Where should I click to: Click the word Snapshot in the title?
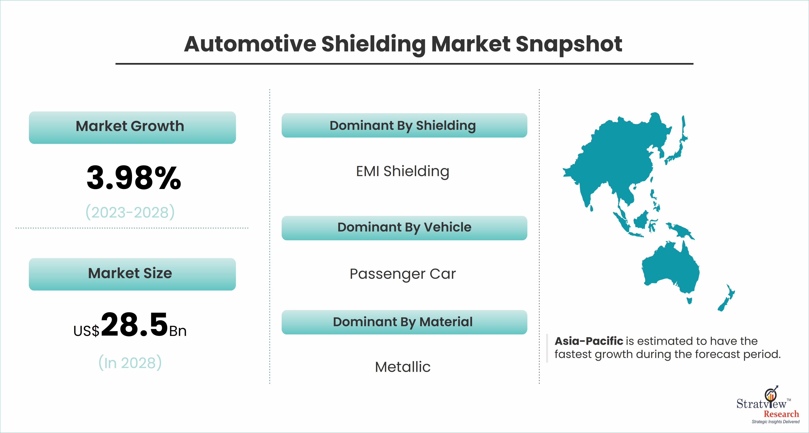(x=568, y=44)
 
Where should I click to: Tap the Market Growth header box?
(x=132, y=127)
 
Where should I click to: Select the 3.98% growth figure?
(x=134, y=178)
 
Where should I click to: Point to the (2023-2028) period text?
(x=130, y=212)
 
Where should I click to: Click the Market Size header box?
(x=132, y=274)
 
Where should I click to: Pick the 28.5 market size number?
(x=135, y=324)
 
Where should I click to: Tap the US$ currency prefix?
(x=86, y=331)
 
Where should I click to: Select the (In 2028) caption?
(x=130, y=363)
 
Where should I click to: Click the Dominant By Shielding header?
(x=404, y=125)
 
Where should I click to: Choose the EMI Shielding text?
(x=403, y=172)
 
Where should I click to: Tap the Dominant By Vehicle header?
(x=404, y=228)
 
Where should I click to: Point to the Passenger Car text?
(x=403, y=274)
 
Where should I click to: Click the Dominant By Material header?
(x=404, y=322)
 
